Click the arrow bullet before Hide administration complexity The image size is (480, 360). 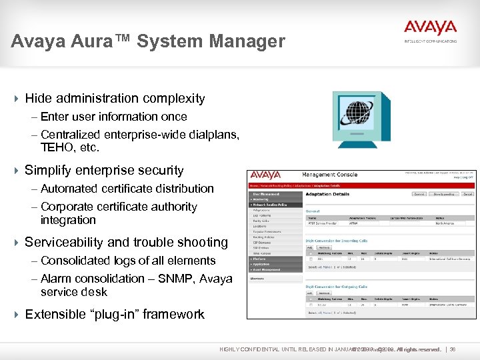coord(16,99)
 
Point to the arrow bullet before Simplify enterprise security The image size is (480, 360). coord(16,171)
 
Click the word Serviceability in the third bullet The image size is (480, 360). coord(64,243)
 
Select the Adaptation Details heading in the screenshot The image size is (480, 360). coord(327,194)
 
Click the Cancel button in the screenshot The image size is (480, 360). coord(467,194)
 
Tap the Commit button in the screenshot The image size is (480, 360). coord(419,194)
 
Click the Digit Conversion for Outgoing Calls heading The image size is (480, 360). coord(337,286)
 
